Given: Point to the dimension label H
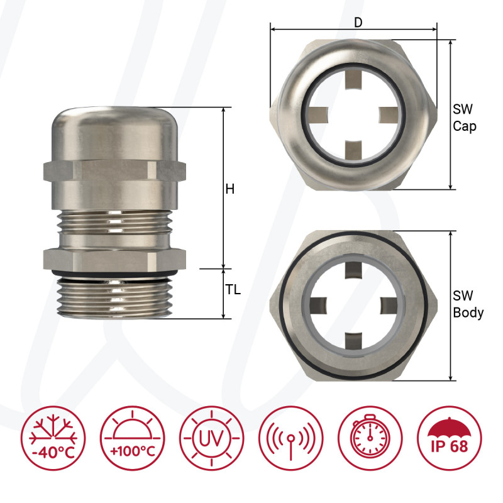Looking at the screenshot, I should tap(230, 189).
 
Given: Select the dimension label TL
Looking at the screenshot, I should tap(233, 291).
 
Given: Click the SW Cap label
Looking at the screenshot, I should tap(464, 118).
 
